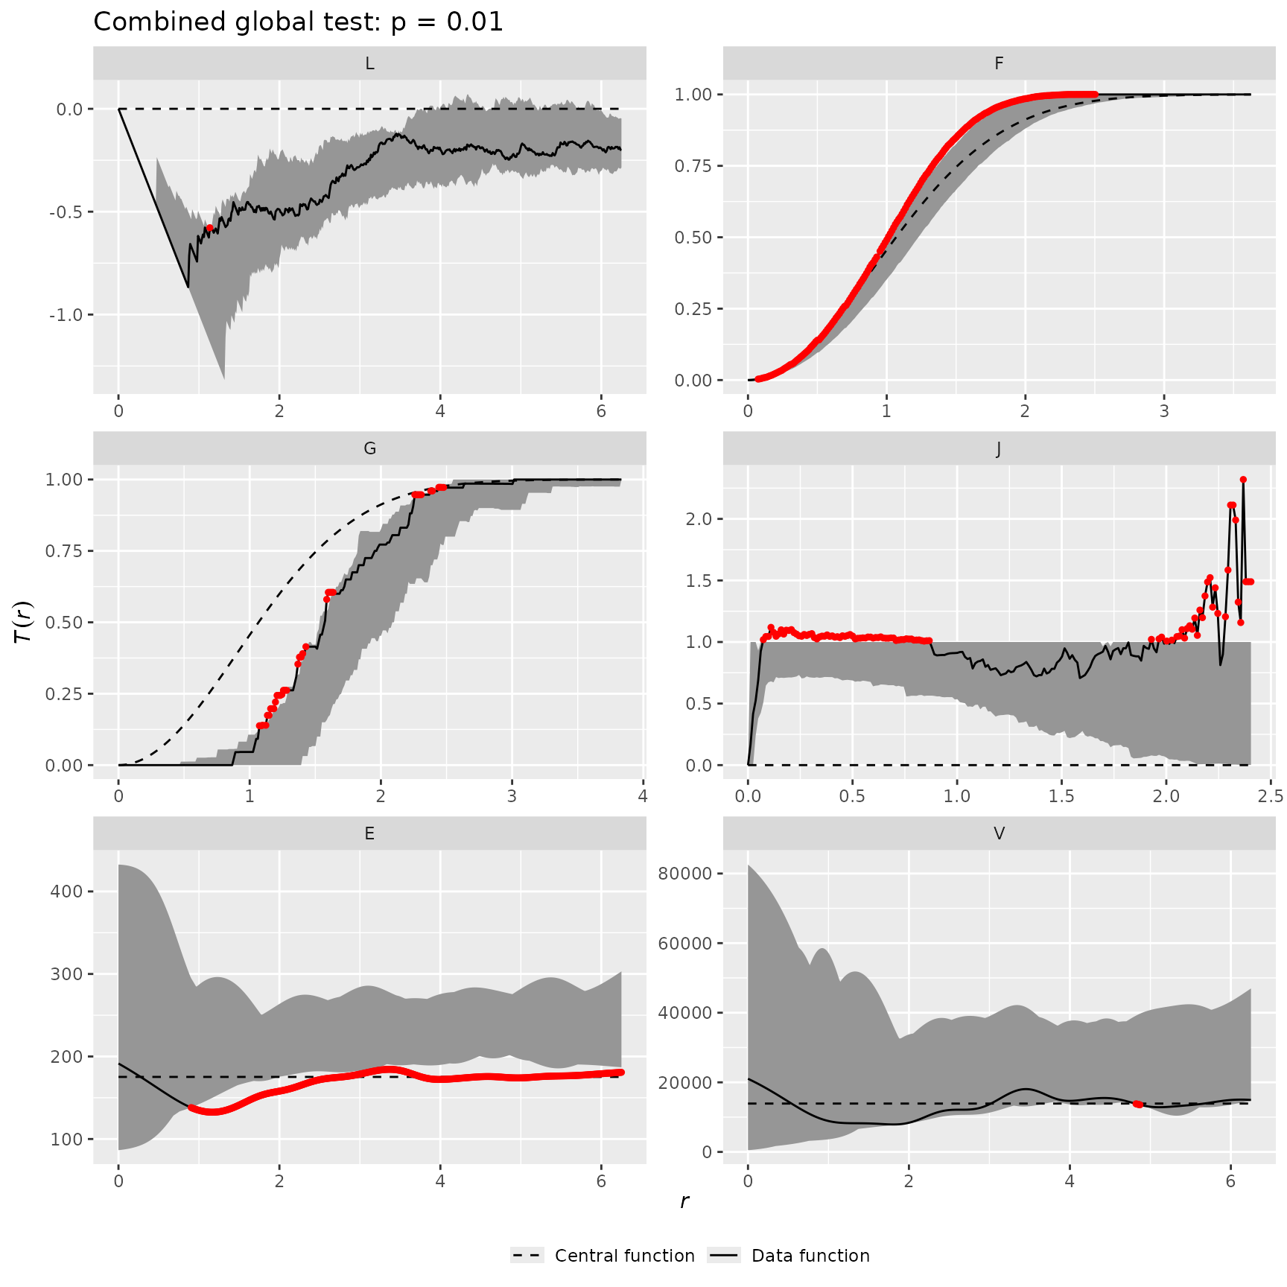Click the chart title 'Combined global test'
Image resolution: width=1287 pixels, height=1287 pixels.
pyautogui.click(x=298, y=22)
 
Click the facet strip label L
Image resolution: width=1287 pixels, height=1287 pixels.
pyautogui.click(x=369, y=64)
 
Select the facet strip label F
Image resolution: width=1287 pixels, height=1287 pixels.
pyautogui.click(x=999, y=64)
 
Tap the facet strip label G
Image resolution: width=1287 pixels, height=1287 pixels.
pyautogui.click(x=369, y=449)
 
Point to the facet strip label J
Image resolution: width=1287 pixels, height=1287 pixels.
pyautogui.click(x=999, y=449)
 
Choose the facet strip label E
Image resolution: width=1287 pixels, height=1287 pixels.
pyautogui.click(x=369, y=834)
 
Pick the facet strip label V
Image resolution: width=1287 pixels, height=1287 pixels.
pyautogui.click(x=999, y=834)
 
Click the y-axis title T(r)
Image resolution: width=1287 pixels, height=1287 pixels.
pyautogui.click(x=24, y=622)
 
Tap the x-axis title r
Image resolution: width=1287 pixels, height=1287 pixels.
pyautogui.click(x=684, y=1201)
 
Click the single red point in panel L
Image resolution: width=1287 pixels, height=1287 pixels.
pyautogui.click(x=210, y=228)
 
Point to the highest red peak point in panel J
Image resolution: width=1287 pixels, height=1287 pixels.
pyautogui.click(x=1243, y=480)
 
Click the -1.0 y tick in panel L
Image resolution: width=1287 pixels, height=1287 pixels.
pyautogui.click(x=66, y=315)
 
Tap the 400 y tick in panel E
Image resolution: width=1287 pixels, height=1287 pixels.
pyautogui.click(x=69, y=892)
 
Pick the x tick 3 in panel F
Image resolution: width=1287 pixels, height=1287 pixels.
pyautogui.click(x=1164, y=411)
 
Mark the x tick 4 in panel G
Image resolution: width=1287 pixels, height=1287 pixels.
pyautogui.click(x=643, y=796)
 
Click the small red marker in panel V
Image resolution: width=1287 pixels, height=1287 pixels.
pyautogui.click(x=1138, y=1104)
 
